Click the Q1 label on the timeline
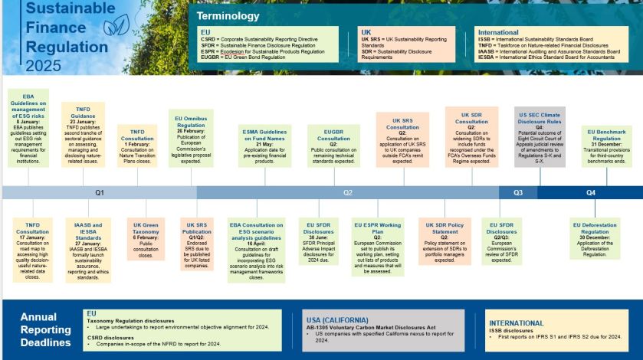[x=100, y=193]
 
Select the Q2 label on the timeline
[x=347, y=193]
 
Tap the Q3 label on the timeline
[x=518, y=193]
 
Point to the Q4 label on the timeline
[x=591, y=193]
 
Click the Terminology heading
[x=228, y=16]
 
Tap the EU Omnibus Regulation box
[x=191, y=137]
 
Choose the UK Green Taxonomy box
[x=145, y=241]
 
